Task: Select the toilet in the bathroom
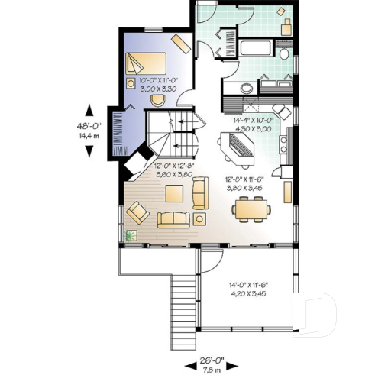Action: (283, 54)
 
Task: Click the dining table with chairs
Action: (251, 207)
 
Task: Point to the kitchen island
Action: (238, 150)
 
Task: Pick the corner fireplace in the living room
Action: (137, 161)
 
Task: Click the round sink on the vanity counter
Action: (247, 88)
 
